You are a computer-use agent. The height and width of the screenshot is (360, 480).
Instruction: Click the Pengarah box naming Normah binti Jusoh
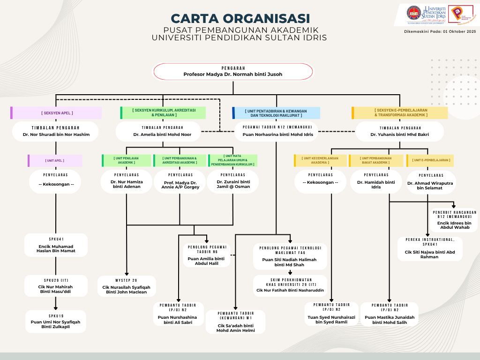click(233, 71)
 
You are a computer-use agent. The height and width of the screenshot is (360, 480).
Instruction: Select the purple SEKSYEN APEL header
click(57, 113)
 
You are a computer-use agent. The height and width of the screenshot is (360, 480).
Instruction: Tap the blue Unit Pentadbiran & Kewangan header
click(277, 113)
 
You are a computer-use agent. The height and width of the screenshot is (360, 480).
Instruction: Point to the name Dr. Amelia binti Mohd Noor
click(160, 135)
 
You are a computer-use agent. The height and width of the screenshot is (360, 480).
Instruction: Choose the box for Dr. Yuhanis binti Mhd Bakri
click(399, 131)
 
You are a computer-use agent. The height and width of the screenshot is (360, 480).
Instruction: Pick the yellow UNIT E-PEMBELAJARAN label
click(431, 160)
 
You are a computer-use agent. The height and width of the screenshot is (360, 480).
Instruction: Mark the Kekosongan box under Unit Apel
click(56, 180)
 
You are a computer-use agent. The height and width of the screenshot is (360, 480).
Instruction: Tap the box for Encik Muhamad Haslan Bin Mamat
click(56, 245)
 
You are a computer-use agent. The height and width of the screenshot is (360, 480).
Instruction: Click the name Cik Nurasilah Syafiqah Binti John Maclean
click(127, 290)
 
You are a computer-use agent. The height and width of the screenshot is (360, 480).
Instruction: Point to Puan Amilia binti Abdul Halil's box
click(207, 255)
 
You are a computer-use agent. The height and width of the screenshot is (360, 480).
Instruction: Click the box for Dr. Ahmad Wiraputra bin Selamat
click(430, 182)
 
